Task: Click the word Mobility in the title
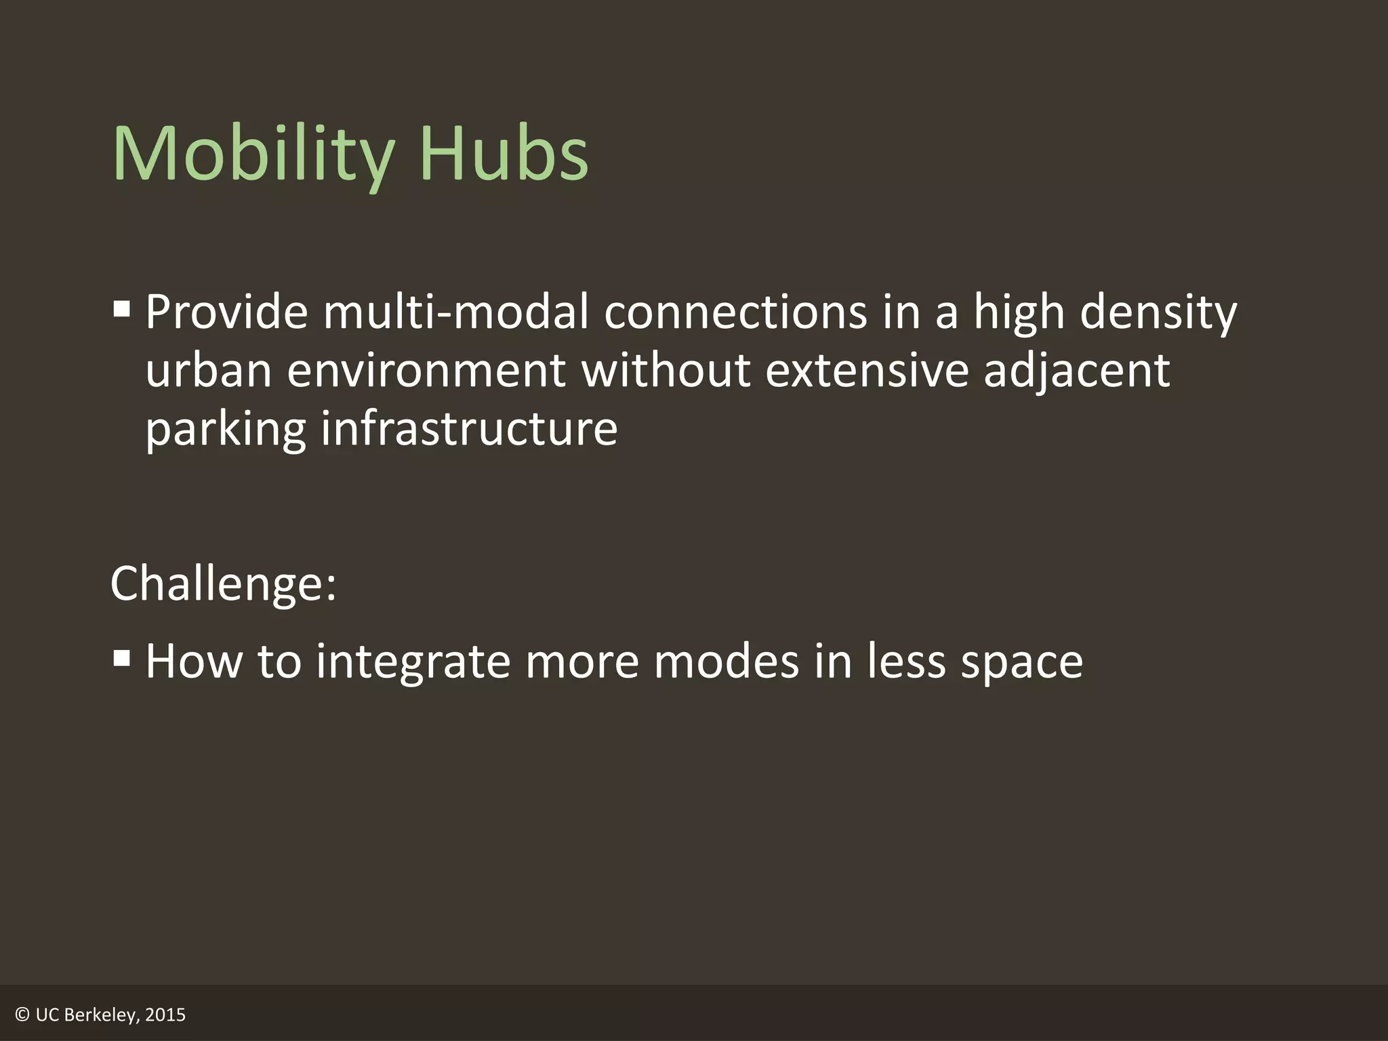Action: pyautogui.click(x=253, y=155)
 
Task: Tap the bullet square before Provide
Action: pyautogui.click(x=122, y=310)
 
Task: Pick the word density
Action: pyautogui.click(x=1158, y=314)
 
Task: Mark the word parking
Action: pyautogui.click(x=226, y=430)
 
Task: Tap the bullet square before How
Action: pyautogui.click(x=122, y=658)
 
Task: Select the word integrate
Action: pyautogui.click(x=413, y=661)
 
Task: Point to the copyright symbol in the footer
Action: pyautogui.click(x=22, y=1015)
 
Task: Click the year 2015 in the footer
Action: pyautogui.click(x=165, y=1015)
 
